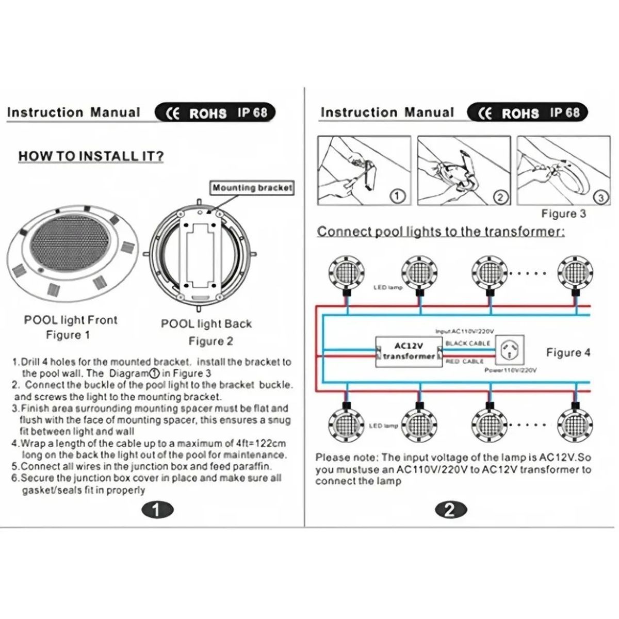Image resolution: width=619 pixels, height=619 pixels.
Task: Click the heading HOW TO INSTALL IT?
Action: (x=91, y=156)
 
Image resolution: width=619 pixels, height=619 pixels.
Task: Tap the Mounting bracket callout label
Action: (x=252, y=188)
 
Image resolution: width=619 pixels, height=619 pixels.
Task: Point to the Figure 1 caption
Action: (x=68, y=335)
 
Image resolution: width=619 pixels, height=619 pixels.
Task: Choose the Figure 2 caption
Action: (x=210, y=341)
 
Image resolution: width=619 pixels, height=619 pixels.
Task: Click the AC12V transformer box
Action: (x=409, y=351)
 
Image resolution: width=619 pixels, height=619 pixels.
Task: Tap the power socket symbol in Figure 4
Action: (x=510, y=350)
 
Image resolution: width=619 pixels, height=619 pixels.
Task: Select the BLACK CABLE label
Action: (x=468, y=343)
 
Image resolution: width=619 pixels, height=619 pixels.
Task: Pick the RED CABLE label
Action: (x=465, y=362)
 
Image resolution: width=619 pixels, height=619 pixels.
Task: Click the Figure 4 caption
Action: (x=568, y=353)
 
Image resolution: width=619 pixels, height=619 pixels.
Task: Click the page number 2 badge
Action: (x=450, y=510)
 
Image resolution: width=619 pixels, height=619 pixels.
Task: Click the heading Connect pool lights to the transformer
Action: (x=441, y=232)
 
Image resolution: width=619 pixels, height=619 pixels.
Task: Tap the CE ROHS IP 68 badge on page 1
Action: (x=215, y=113)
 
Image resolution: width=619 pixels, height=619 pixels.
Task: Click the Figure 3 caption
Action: (x=563, y=214)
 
